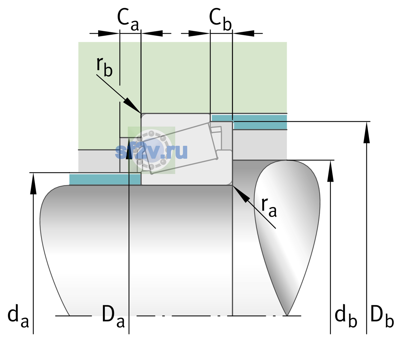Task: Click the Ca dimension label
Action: [x=128, y=20]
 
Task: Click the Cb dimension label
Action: [x=220, y=19]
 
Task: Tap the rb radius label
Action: [x=104, y=67]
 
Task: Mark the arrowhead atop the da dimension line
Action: [x=33, y=183]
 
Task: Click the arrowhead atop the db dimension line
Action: [x=330, y=171]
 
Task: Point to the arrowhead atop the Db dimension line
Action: [x=367, y=132]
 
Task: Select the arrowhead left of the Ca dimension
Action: [x=109, y=33]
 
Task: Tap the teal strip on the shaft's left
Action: [x=105, y=179]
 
